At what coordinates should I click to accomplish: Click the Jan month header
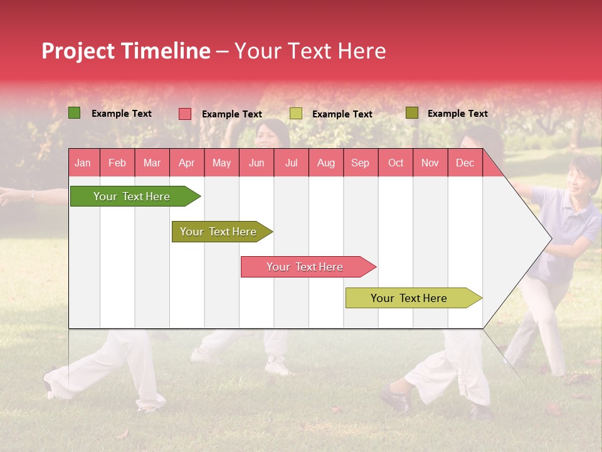tap(83, 163)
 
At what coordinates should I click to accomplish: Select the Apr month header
tap(186, 163)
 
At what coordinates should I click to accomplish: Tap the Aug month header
tap(325, 163)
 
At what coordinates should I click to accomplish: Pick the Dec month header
tap(465, 163)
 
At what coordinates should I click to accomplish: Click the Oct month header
tap(395, 163)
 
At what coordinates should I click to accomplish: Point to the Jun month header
tap(256, 163)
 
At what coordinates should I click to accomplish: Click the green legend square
tap(74, 113)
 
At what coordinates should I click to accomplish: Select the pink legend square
tap(184, 114)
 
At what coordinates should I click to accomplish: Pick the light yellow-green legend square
tap(295, 114)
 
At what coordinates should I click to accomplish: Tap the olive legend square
tap(411, 113)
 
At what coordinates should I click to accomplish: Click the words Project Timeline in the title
tap(125, 51)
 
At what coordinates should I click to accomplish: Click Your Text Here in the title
tap(310, 51)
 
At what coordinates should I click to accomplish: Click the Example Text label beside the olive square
tap(457, 113)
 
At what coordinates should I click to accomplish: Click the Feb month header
tap(117, 163)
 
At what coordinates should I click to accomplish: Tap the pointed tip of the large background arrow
tap(550, 238)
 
